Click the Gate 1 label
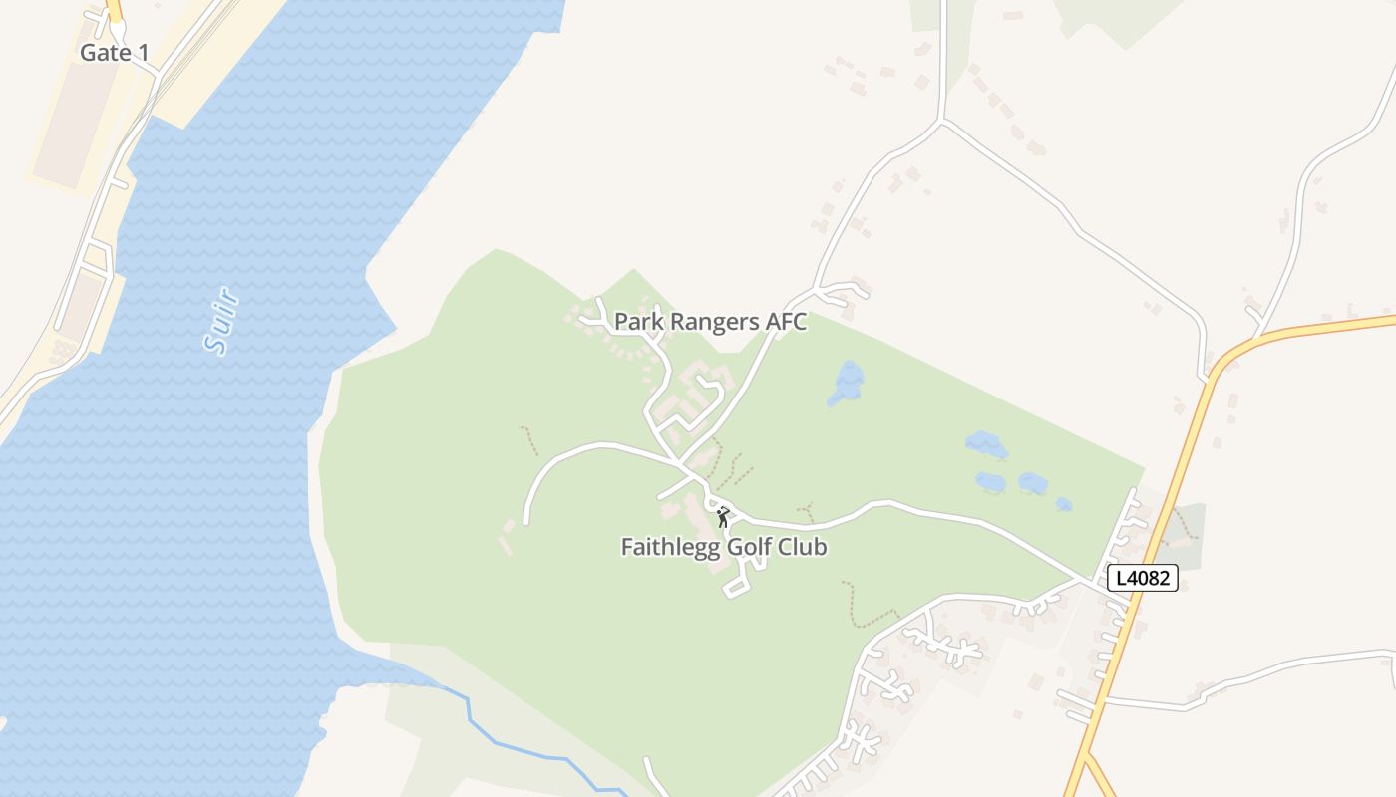click(x=114, y=53)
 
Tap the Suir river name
click(x=220, y=320)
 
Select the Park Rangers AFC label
click(x=710, y=322)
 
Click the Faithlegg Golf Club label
click(x=724, y=547)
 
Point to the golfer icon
click(x=723, y=516)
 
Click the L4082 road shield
click(x=1143, y=578)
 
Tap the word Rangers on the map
click(x=711, y=322)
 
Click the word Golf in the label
click(x=751, y=547)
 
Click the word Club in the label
click(x=803, y=547)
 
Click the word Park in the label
click(x=634, y=322)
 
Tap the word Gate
click(x=101, y=53)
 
